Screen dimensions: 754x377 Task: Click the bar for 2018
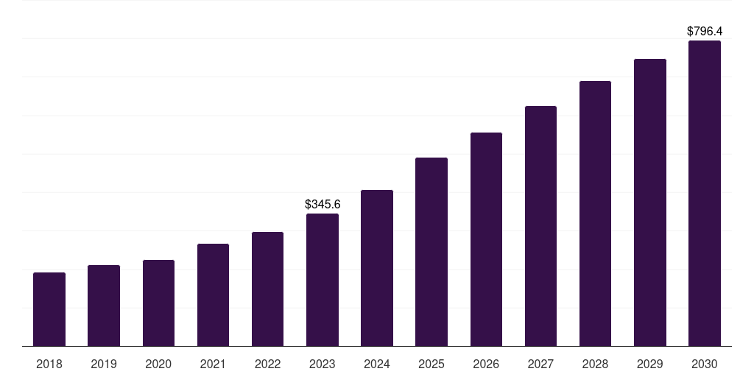(49, 309)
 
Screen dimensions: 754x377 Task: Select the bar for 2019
(104, 306)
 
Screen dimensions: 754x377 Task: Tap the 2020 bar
(159, 303)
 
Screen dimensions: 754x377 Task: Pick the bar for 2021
(213, 295)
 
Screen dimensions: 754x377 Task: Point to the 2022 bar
(267, 289)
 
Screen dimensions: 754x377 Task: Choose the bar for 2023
(323, 280)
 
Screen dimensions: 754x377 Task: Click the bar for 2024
(377, 268)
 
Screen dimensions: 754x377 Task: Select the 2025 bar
(431, 252)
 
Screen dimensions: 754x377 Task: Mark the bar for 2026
(486, 239)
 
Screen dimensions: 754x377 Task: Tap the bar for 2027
(540, 226)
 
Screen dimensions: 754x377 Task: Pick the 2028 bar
(595, 214)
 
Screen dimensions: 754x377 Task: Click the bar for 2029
(650, 202)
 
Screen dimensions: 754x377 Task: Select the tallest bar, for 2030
(705, 194)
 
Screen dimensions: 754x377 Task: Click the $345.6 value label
(323, 205)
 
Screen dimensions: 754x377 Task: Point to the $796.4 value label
(705, 31)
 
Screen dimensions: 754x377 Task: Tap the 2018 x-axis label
(49, 364)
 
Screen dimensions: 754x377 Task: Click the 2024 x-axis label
(377, 364)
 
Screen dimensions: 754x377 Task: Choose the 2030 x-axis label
(705, 364)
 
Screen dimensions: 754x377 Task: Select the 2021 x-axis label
(213, 364)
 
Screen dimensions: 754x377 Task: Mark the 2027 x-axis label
(540, 364)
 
